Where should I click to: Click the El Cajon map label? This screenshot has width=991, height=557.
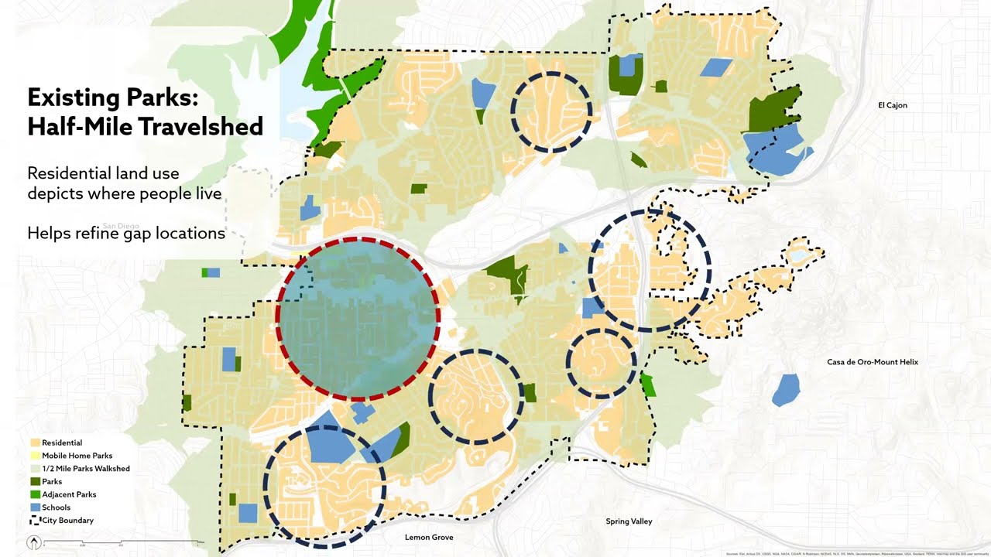click(x=892, y=105)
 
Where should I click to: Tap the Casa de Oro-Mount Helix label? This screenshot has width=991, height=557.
click(x=872, y=362)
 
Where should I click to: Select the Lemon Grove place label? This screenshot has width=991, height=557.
click(x=428, y=537)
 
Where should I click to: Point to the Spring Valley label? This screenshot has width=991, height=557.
click(x=629, y=521)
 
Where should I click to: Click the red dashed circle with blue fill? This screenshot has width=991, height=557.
click(x=358, y=318)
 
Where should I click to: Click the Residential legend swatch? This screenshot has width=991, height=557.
click(x=35, y=443)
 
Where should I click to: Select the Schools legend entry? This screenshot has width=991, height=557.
click(x=56, y=507)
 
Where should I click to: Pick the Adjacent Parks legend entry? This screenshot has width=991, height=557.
click(x=69, y=494)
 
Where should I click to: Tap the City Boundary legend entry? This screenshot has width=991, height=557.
click(x=67, y=521)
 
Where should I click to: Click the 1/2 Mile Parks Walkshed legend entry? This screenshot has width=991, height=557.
click(x=85, y=469)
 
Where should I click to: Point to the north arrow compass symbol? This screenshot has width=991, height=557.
click(x=34, y=542)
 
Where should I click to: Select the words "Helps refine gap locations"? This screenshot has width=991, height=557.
click(x=126, y=232)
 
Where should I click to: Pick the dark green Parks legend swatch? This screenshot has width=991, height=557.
click(x=35, y=482)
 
